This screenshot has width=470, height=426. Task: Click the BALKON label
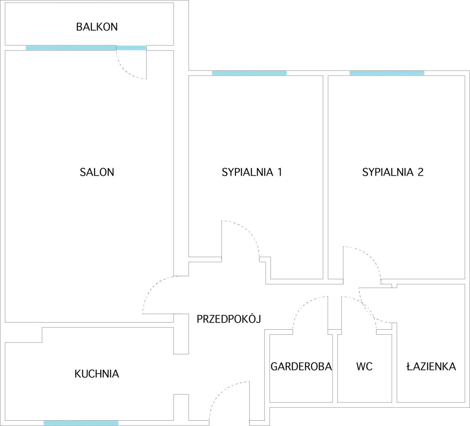pyautogui.click(x=97, y=27)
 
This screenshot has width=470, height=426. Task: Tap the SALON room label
pyautogui.click(x=97, y=172)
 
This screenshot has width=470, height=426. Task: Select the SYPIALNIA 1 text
pyautogui.click(x=252, y=172)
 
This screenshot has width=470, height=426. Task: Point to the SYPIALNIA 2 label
pyautogui.click(x=393, y=172)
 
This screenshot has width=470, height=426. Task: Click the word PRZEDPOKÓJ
pyautogui.click(x=228, y=319)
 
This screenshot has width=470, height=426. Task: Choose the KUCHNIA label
pyautogui.click(x=97, y=374)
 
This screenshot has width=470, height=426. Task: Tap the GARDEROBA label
pyautogui.click(x=301, y=367)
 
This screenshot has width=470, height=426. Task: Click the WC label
pyautogui.click(x=364, y=367)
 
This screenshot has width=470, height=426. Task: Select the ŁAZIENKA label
pyautogui.click(x=431, y=367)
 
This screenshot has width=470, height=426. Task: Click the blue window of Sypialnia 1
pyautogui.click(x=249, y=73)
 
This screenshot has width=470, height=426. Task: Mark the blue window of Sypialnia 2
pyautogui.click(x=387, y=73)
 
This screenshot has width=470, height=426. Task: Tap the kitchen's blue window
pyautogui.click(x=81, y=423)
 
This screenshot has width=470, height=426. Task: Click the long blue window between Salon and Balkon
pyautogui.click(x=71, y=48)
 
